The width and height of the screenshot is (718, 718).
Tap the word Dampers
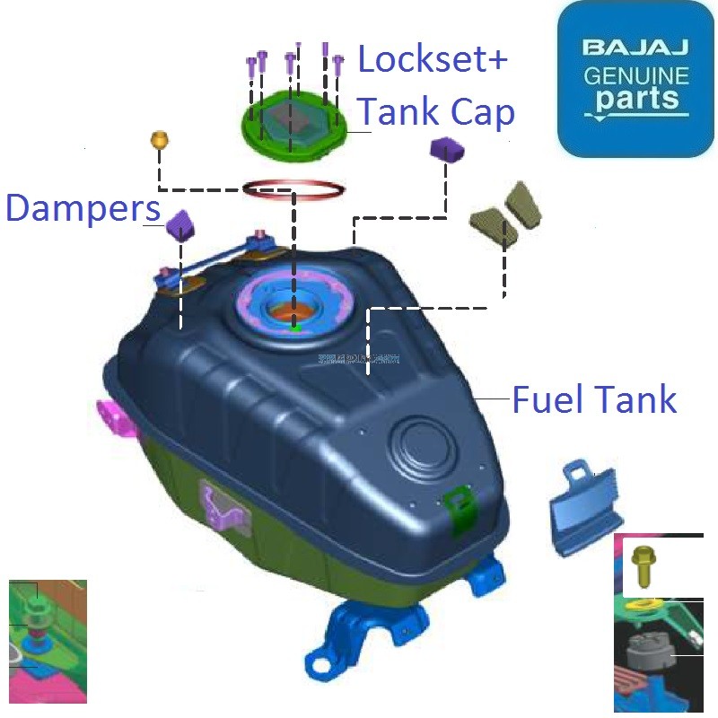click(83, 208)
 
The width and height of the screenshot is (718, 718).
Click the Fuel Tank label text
click(594, 399)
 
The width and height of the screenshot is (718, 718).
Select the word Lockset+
click(433, 61)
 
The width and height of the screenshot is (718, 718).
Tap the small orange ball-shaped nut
click(159, 139)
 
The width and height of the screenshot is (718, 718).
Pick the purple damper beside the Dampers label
click(181, 223)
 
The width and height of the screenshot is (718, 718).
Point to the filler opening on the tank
click(294, 310)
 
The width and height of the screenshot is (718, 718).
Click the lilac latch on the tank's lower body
click(221, 504)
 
